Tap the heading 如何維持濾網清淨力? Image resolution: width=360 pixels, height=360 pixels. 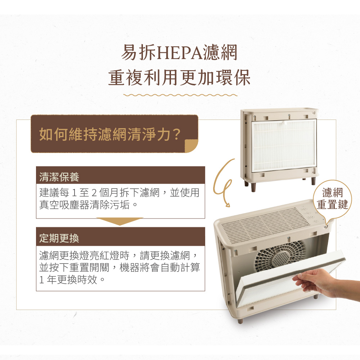click(110, 134)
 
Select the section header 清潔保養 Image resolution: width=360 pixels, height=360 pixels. click(59, 177)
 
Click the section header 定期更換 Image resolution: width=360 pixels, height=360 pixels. click(59, 238)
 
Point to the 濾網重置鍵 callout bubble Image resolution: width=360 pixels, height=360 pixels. click(332, 199)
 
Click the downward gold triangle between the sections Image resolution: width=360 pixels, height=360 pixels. click(120, 221)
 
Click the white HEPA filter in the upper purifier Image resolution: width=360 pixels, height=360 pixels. click(284, 145)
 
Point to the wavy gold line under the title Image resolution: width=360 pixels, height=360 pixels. click(180, 95)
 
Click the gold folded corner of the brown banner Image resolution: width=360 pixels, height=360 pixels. click(191, 146)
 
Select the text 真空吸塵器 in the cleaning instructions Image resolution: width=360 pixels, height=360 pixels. click(64, 205)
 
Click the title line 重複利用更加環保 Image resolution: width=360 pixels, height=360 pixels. click(179, 78)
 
